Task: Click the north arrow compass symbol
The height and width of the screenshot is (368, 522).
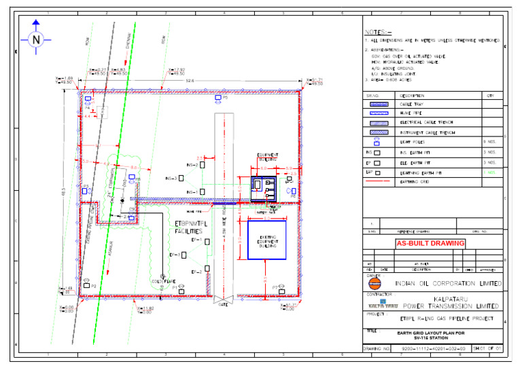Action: coord(35,40)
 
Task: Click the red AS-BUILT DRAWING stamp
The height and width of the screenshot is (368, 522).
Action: coord(431,243)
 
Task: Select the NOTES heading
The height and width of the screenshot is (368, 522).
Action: coord(378,33)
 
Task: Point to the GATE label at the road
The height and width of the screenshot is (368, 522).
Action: coord(222,306)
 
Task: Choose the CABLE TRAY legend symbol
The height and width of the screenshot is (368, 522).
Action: coord(378,105)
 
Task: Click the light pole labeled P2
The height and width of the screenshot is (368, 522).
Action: coord(88,287)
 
